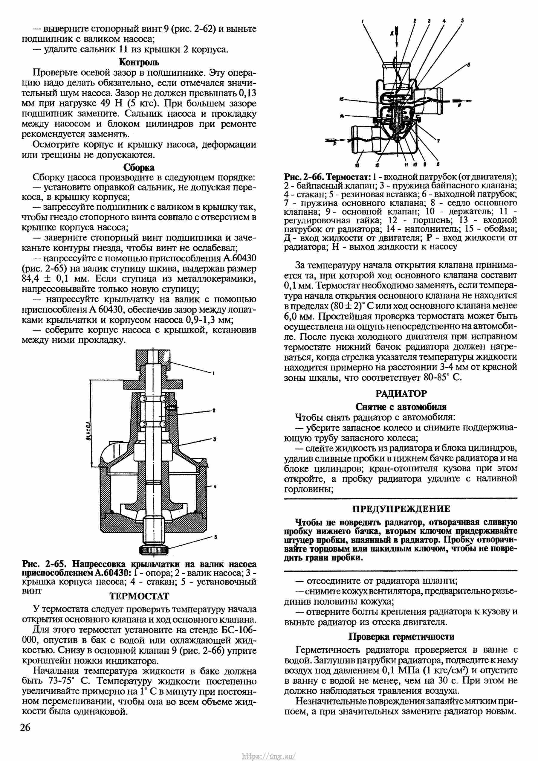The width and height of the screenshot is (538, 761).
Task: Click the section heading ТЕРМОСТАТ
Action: point(139,596)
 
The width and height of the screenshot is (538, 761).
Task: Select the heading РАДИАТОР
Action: point(401,394)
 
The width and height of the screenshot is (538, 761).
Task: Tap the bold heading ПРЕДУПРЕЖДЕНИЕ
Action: point(401,509)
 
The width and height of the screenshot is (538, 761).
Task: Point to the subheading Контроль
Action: point(139,62)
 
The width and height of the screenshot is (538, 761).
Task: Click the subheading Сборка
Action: point(139,167)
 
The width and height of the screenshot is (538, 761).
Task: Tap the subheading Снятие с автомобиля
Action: point(401,407)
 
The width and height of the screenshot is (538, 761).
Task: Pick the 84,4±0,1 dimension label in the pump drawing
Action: point(89,431)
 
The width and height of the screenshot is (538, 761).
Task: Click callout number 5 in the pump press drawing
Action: point(215,537)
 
